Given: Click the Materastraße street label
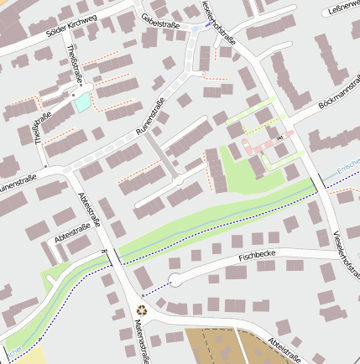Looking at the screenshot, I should point(140,341).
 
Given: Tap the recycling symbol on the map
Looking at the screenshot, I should point(142,309).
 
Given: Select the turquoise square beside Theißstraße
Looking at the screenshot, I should point(83,102).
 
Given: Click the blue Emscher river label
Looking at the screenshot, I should point(347,171).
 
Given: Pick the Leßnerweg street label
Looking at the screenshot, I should point(341,11).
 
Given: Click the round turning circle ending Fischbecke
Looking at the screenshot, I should point(175,280).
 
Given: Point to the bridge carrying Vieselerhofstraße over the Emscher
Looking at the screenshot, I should point(321,182).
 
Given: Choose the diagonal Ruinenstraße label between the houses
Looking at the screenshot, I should point(152,122).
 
